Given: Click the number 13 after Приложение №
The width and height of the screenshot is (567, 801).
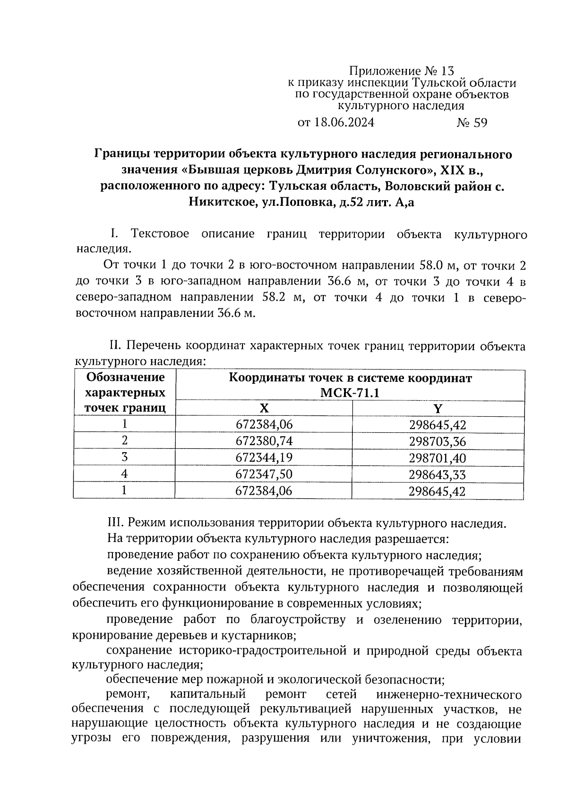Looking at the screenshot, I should pyautogui.click(x=447, y=71).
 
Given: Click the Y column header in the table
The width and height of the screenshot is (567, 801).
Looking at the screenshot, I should pyautogui.click(x=438, y=409).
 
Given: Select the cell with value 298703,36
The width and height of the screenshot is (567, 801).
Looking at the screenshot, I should pyautogui.click(x=438, y=442).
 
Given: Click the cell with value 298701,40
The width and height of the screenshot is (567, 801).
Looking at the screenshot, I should pyautogui.click(x=438, y=458).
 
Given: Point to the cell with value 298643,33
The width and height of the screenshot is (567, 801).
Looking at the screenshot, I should pyautogui.click(x=438, y=475).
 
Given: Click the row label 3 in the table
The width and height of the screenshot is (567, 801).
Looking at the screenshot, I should pyautogui.click(x=125, y=457).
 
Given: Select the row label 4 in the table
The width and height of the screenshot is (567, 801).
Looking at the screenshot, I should pyautogui.click(x=125, y=473).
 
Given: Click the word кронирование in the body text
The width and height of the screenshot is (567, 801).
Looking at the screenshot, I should pyautogui.click(x=108, y=635).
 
